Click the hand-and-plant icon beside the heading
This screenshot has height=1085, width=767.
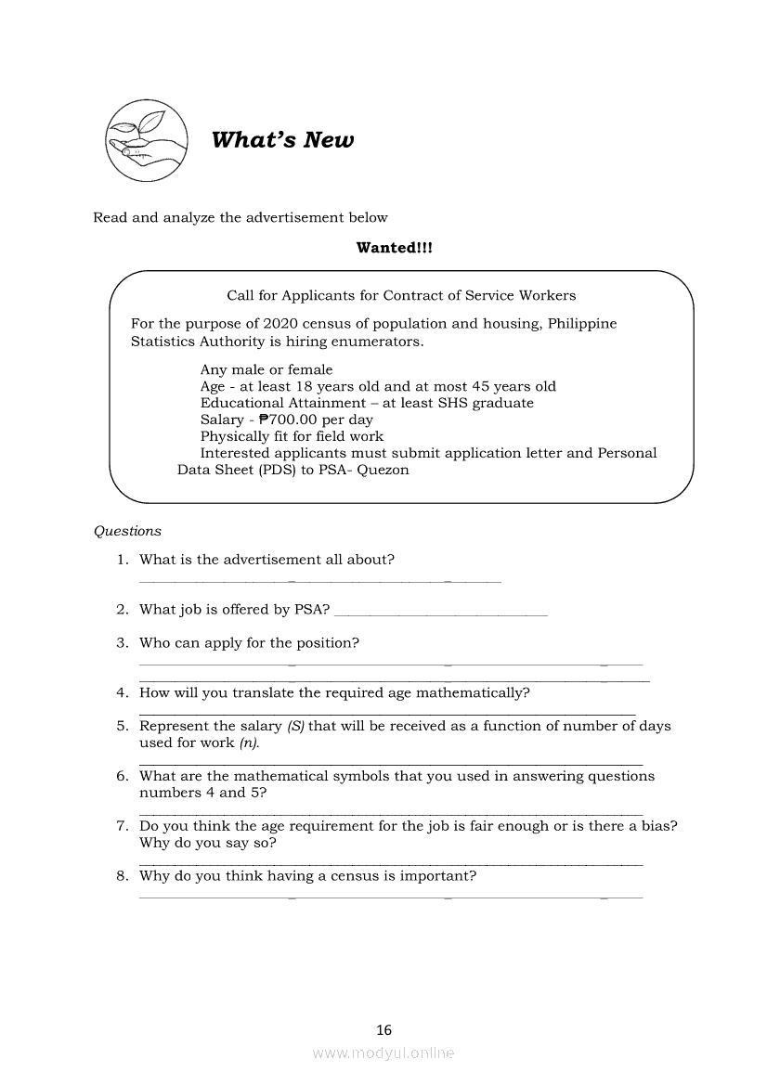point(145,140)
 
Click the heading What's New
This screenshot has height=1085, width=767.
point(282,140)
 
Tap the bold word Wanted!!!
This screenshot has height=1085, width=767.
point(394,248)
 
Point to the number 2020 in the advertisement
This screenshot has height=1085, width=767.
point(281,324)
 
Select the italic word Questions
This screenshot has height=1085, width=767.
point(127,531)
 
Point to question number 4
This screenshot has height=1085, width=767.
point(122,692)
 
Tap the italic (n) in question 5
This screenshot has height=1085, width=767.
point(249,743)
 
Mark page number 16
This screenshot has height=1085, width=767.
point(384,1029)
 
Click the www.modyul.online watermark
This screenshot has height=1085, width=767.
point(383,1053)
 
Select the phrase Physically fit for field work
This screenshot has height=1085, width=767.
point(292,436)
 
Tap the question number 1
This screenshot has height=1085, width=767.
point(122,559)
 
